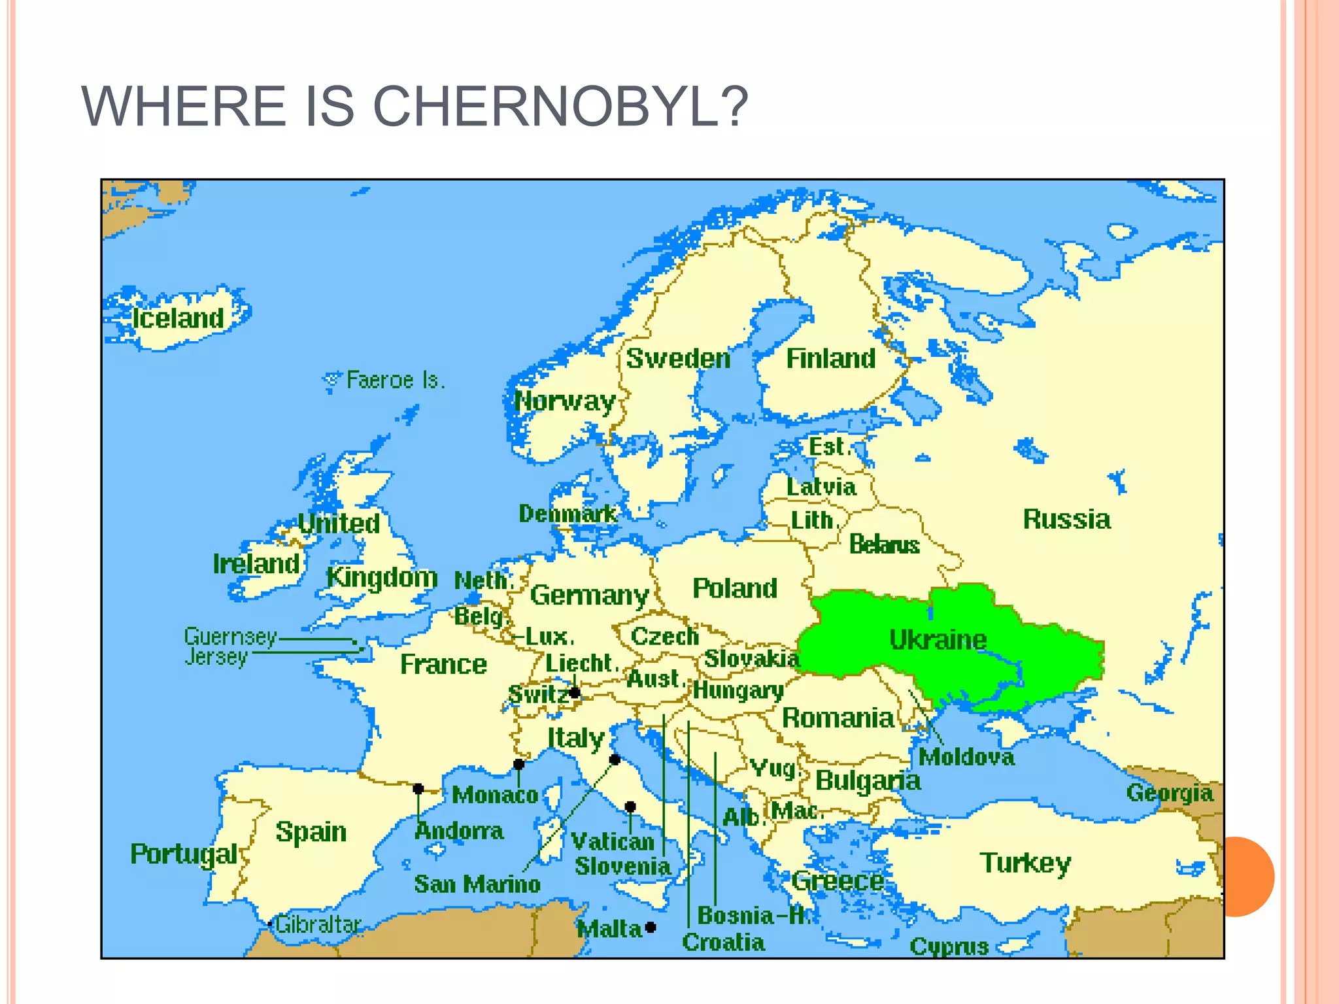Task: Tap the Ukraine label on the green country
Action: (x=938, y=639)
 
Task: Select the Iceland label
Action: (x=178, y=318)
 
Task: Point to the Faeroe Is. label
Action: (x=396, y=380)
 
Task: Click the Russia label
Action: (x=1066, y=519)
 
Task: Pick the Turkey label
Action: (x=1025, y=863)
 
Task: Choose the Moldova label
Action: (x=966, y=757)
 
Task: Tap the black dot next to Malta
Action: (x=651, y=927)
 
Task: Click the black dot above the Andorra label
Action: (x=418, y=789)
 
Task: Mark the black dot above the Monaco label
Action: (x=518, y=764)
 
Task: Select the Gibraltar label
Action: (x=318, y=924)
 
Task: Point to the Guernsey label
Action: (x=230, y=636)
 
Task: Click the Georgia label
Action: (x=1169, y=792)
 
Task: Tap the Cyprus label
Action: (x=949, y=946)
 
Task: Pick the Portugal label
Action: (x=184, y=854)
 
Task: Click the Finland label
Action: (x=830, y=358)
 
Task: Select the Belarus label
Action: (x=884, y=544)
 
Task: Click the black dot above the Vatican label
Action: (x=630, y=807)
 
